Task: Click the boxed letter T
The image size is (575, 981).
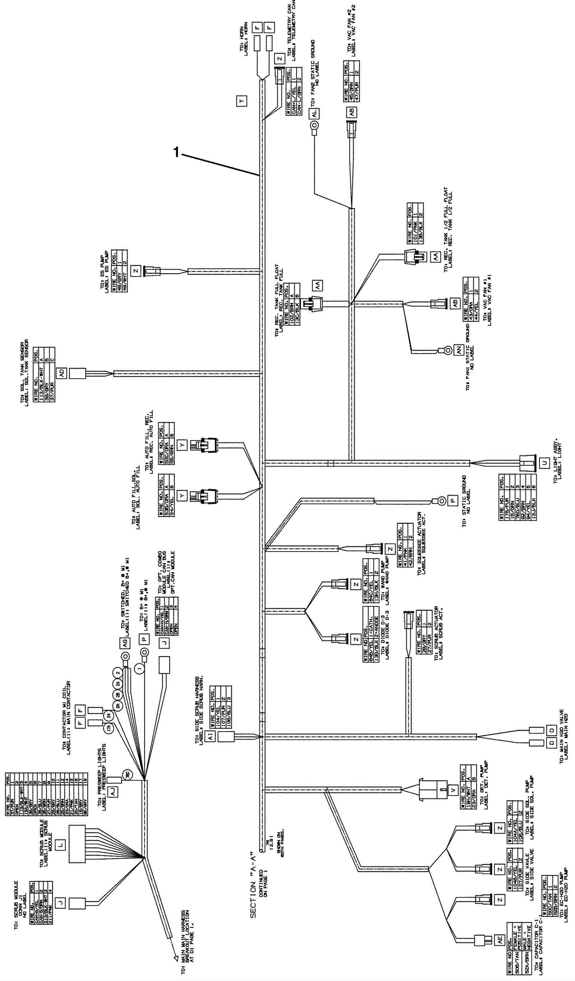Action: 241,101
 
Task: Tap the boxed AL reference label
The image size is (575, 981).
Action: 314,113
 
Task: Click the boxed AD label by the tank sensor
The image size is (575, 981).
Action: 62,373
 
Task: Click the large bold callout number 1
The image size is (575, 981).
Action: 176,152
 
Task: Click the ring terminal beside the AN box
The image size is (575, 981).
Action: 448,350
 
